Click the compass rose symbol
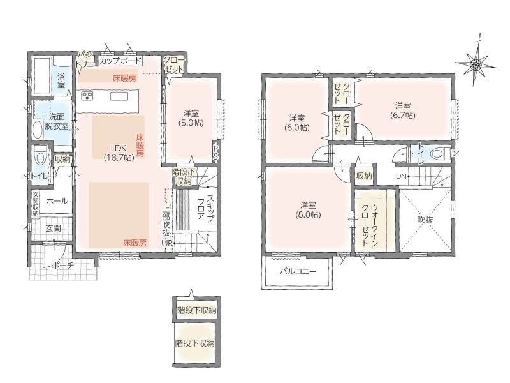click(476, 63)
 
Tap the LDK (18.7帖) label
click(119, 153)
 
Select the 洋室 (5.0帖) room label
click(191, 118)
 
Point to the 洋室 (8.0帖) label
click(308, 210)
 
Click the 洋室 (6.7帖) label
click(403, 110)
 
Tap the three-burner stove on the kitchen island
click(87, 96)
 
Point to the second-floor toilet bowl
click(440, 153)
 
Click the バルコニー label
click(298, 272)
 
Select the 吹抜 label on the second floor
click(425, 220)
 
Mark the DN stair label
click(401, 177)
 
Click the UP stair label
click(167, 243)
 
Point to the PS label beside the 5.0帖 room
click(215, 152)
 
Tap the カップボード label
click(120, 61)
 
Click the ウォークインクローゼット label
click(370, 225)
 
